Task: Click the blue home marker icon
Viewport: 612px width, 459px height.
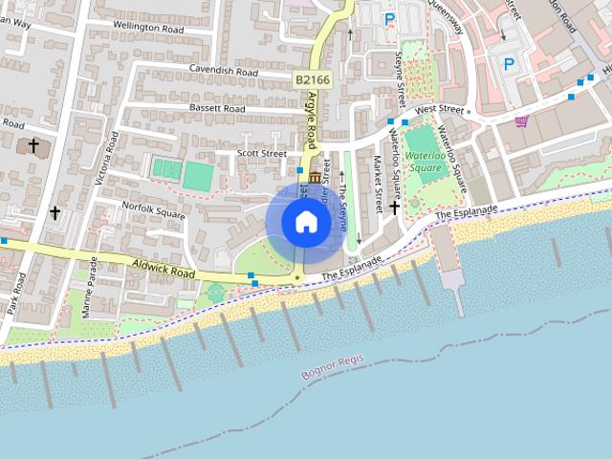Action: pos(306,221)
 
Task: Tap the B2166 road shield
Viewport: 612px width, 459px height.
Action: pos(312,80)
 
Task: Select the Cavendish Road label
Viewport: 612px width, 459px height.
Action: pos(224,71)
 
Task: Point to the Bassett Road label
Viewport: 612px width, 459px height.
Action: pos(215,109)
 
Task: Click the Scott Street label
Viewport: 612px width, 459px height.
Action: pos(261,153)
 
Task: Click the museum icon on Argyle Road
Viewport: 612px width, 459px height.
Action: pos(315,178)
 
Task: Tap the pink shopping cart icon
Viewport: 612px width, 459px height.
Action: pos(521,121)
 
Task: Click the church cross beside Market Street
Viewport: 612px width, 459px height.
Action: pos(394,206)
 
